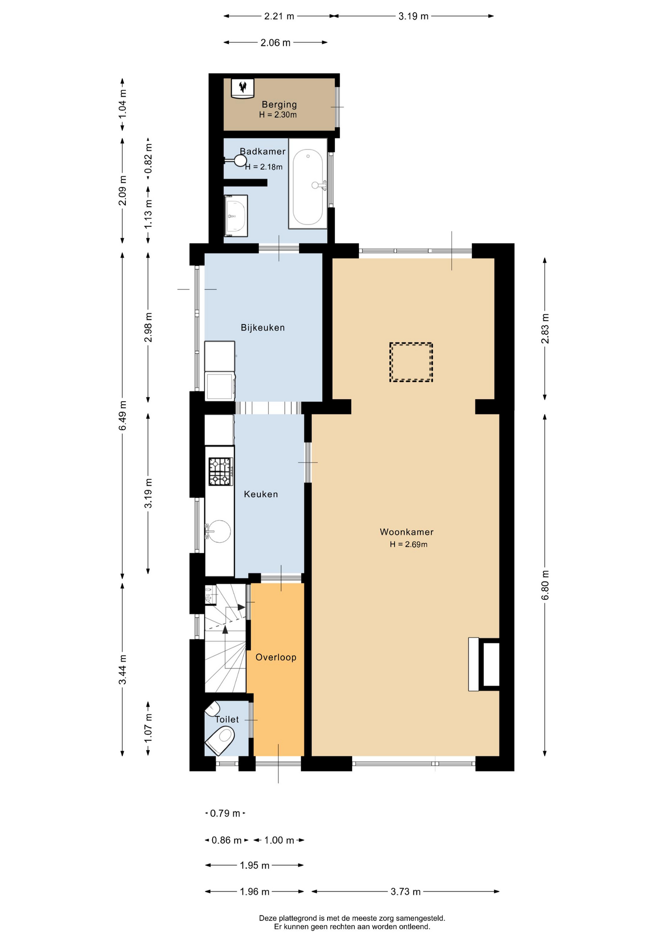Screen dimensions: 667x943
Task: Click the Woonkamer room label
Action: click(x=407, y=532)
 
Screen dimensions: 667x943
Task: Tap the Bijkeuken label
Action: click(x=263, y=328)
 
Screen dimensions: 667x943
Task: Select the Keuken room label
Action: click(x=261, y=494)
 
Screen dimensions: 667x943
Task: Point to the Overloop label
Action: click(x=276, y=657)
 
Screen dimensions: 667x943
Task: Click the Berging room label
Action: click(x=279, y=104)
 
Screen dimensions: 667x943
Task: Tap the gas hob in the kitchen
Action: click(x=221, y=471)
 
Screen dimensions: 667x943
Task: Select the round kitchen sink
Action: click(x=219, y=531)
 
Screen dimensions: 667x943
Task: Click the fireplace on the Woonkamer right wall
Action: click(x=484, y=664)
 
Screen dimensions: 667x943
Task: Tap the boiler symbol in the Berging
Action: click(x=243, y=88)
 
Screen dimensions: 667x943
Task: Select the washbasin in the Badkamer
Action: click(x=236, y=216)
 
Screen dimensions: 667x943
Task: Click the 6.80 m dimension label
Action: click(x=545, y=585)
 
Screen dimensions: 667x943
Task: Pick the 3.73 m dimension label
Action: click(x=406, y=891)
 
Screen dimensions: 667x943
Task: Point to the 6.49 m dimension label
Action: click(x=123, y=416)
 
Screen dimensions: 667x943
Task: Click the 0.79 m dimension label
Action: click(x=225, y=813)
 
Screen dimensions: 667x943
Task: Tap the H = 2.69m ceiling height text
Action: click(x=409, y=544)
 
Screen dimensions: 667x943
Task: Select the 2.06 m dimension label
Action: click(x=276, y=43)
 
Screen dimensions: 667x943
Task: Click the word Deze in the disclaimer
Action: click(x=268, y=918)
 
